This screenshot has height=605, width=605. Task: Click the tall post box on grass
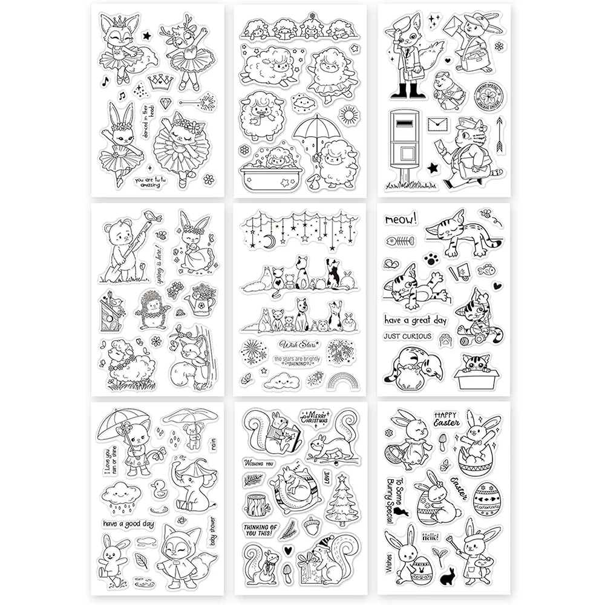(x=405, y=145)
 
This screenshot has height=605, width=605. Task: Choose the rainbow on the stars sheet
(x=343, y=380)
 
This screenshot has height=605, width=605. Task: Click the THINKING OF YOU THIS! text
(x=261, y=530)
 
